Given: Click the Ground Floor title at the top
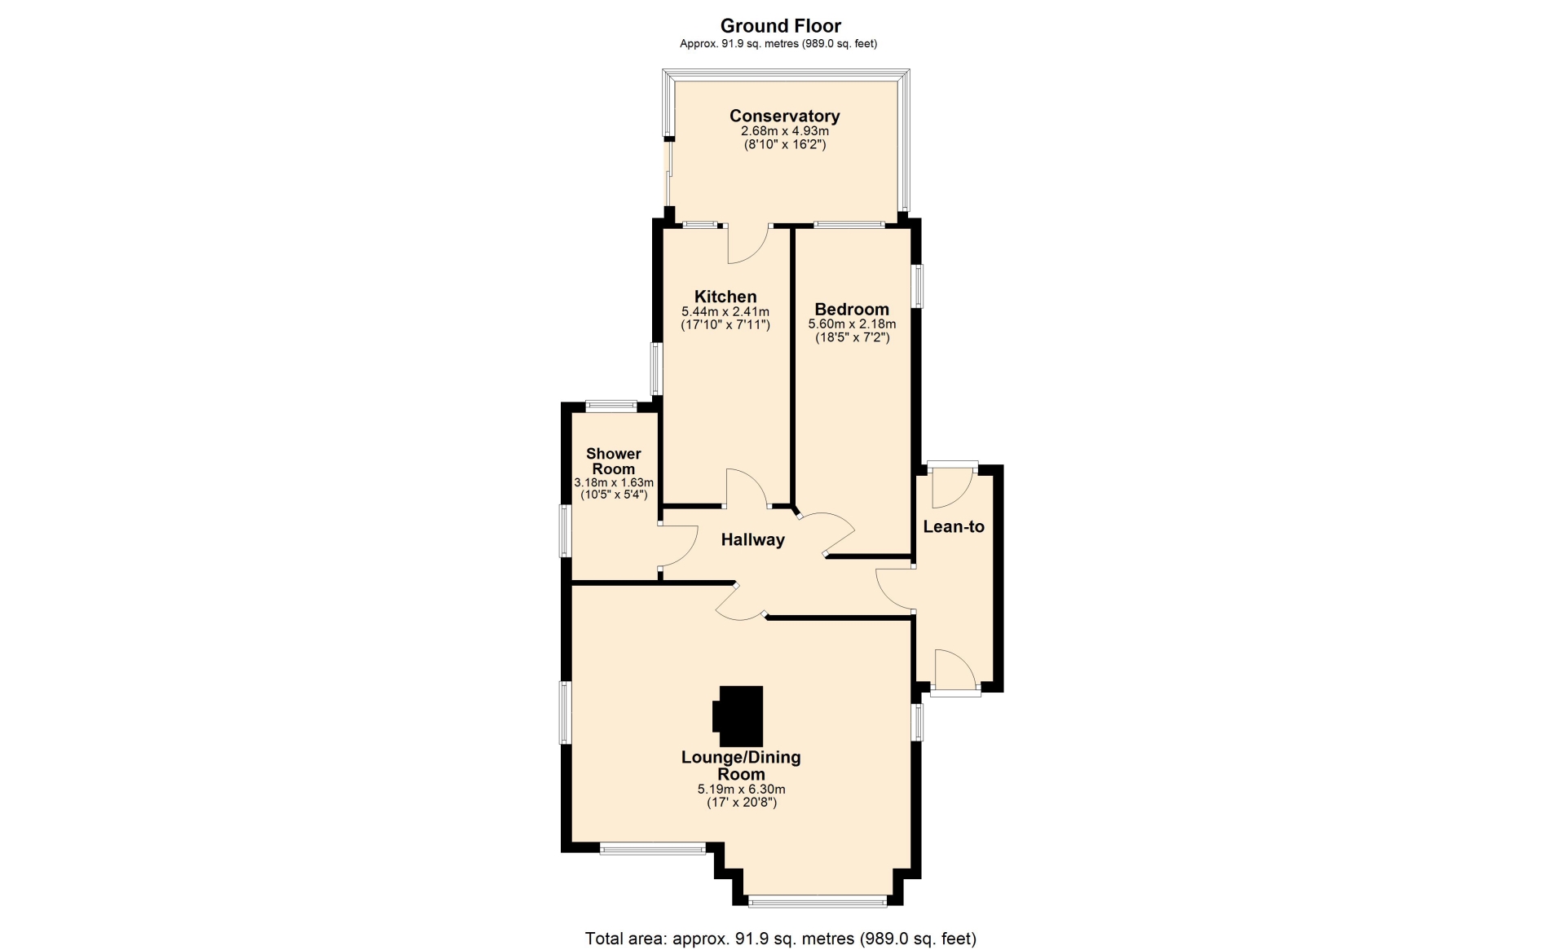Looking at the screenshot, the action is click(780, 26).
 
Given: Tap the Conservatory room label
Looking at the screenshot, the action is click(784, 116).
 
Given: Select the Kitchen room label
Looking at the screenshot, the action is click(725, 297).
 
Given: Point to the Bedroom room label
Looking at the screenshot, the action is click(852, 310).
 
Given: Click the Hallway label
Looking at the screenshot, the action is click(752, 539).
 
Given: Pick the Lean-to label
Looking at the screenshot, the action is click(954, 526).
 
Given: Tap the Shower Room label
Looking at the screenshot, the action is click(614, 461).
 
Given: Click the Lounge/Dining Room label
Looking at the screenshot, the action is click(741, 766).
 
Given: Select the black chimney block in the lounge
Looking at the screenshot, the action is click(738, 710).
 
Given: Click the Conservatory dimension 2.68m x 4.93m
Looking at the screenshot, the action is click(784, 131).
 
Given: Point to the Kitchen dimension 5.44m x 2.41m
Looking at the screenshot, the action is click(725, 311).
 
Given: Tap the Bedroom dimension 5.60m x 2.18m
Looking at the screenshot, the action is click(852, 324).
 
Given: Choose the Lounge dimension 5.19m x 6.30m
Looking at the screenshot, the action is click(741, 789).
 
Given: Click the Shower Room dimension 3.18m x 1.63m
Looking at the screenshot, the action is click(614, 482).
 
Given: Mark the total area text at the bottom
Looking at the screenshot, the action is click(780, 939).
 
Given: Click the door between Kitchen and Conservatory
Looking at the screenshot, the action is click(748, 244).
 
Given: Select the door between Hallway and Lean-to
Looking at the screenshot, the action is click(894, 589).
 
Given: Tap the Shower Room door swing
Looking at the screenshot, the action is click(678, 546).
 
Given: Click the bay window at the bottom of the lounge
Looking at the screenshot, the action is click(818, 901).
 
